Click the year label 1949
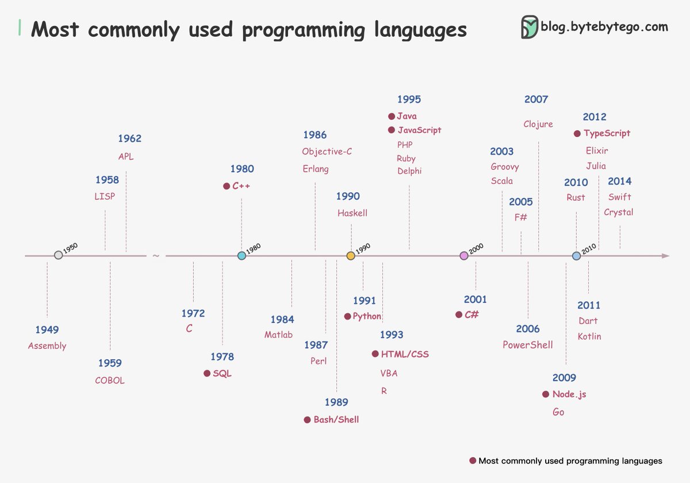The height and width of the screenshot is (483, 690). tap(47, 330)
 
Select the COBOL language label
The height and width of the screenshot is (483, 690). tap(110, 381)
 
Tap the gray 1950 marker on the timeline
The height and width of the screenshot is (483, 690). tap(58, 255)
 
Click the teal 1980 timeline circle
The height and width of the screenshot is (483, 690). tap(241, 256)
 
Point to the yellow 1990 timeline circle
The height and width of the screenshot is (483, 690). tap(351, 256)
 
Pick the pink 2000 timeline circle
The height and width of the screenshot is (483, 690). tap(464, 256)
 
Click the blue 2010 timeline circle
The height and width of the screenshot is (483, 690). tap(576, 256)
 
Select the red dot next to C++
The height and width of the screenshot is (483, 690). tap(227, 186)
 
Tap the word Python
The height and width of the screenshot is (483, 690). tap(367, 316)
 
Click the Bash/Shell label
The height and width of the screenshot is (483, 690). tap(336, 420)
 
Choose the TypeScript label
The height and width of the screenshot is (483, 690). tap(607, 134)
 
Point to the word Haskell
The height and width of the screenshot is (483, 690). tap(352, 213)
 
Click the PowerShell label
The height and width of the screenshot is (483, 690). tap(528, 345)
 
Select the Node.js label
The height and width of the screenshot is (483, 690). tap(569, 394)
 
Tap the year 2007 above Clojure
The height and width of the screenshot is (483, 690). tap(536, 100)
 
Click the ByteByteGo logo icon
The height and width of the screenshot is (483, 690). tap(530, 27)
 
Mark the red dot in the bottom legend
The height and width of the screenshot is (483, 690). tap(473, 461)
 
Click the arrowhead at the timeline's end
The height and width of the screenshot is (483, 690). tap(665, 256)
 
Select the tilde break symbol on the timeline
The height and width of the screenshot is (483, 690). tap(156, 256)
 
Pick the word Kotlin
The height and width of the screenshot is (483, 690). tap(589, 336)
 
